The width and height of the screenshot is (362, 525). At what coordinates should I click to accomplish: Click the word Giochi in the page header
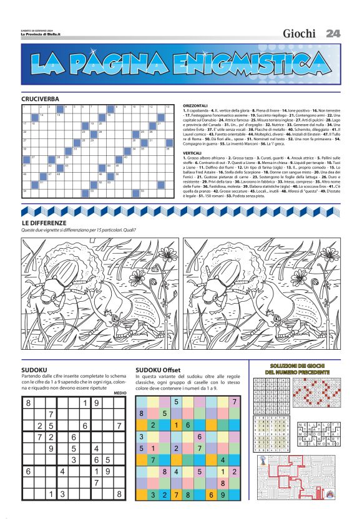coord(299,34)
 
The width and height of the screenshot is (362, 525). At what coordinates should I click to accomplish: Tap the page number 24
coord(333,34)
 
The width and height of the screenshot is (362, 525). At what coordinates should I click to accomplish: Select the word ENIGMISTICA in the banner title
coord(245,64)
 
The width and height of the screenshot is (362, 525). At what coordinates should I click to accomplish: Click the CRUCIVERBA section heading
coord(40,99)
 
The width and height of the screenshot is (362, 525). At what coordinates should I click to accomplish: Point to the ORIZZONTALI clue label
coord(197,106)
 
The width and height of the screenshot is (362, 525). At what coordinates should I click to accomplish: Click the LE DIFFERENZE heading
coord(44,223)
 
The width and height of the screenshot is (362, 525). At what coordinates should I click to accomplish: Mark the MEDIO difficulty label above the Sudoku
coord(120,393)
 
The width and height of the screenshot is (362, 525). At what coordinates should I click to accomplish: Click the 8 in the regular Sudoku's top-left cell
coord(27,403)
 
